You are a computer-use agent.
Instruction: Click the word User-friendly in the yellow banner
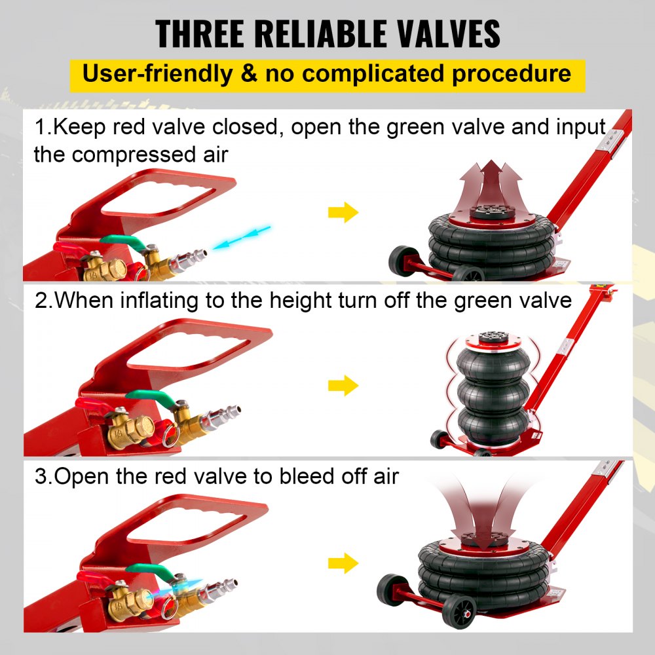tap(157, 73)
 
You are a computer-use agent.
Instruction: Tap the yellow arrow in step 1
tap(343, 212)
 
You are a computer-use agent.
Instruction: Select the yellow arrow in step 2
tap(343, 386)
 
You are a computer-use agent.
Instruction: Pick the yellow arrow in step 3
tap(343, 562)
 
